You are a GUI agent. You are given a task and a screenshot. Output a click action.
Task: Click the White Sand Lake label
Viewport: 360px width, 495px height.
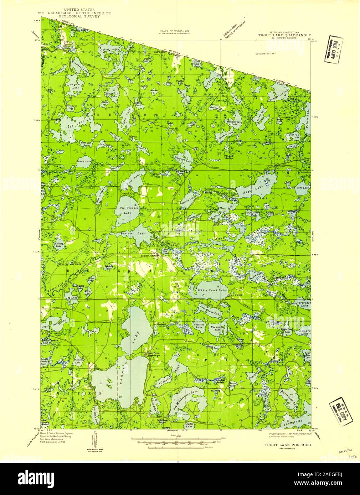coord(212,290)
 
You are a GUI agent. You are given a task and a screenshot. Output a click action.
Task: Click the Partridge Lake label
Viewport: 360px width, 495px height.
coord(303,304)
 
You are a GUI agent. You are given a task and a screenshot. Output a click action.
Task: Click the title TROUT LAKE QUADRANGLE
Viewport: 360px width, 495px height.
coord(284,35)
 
